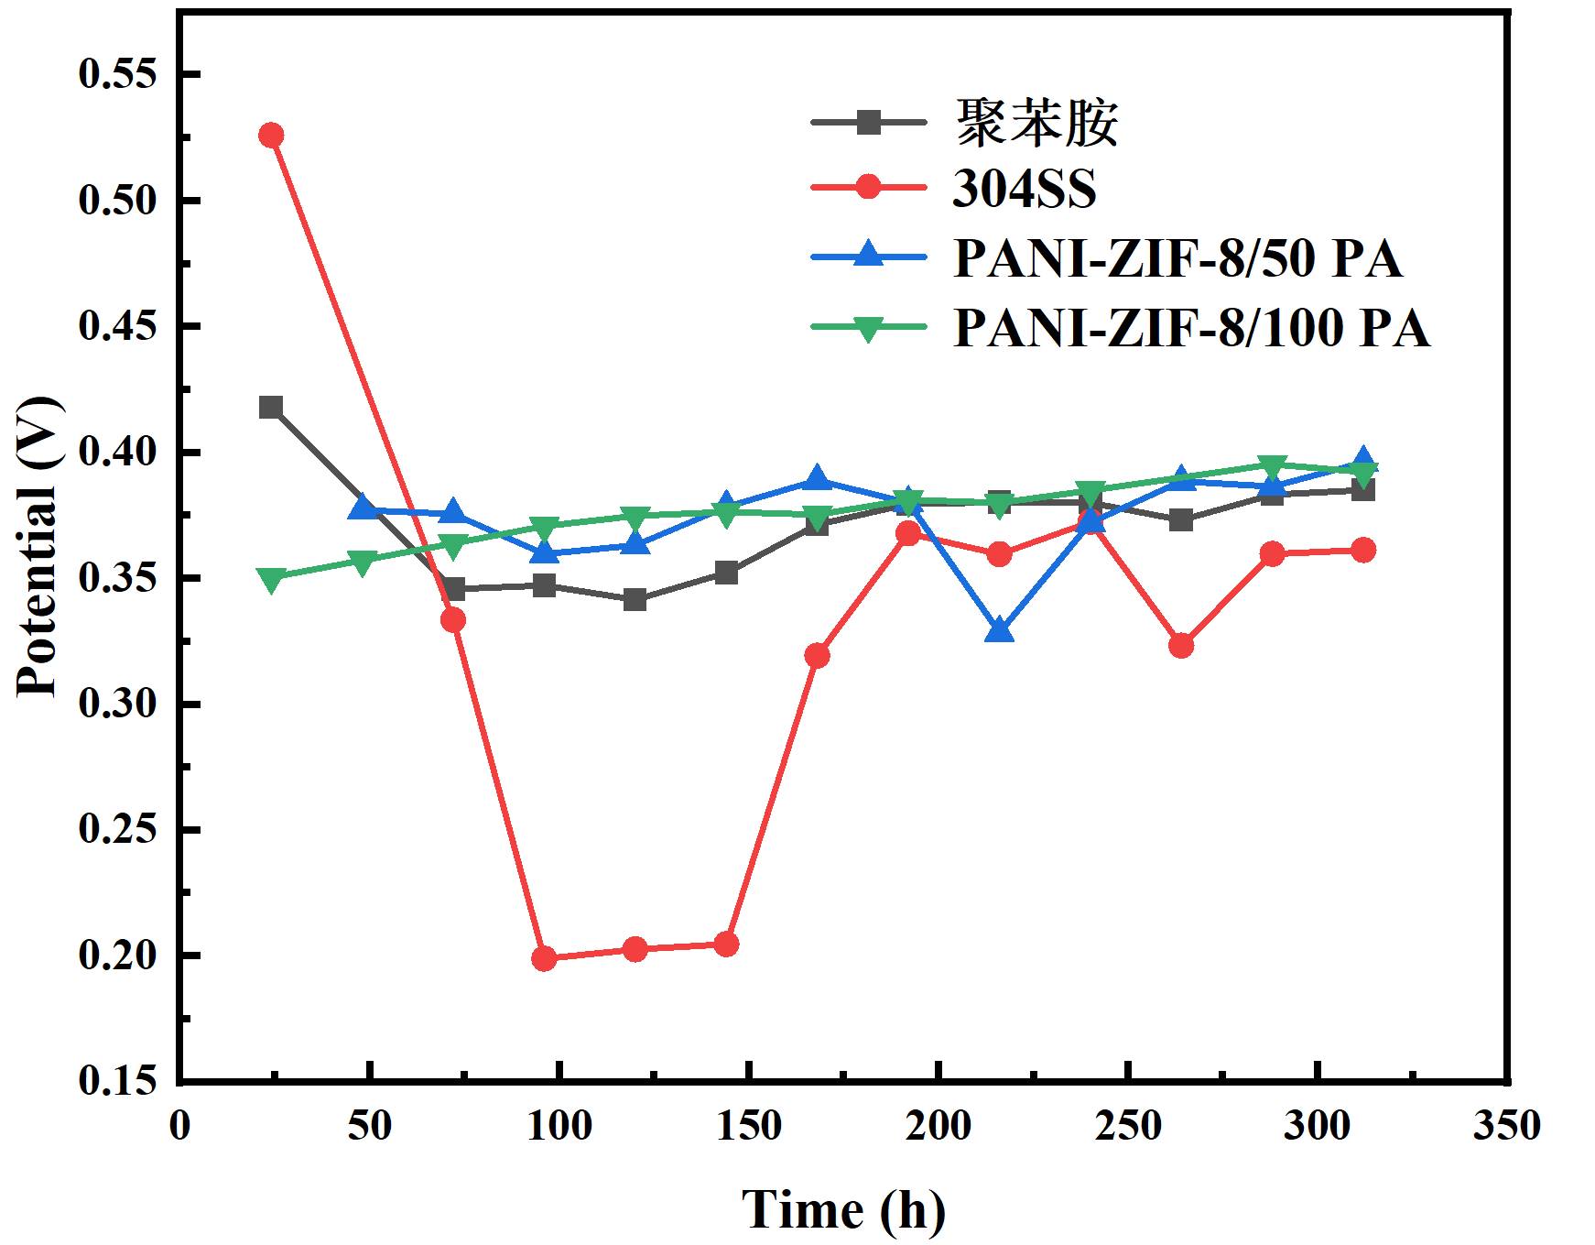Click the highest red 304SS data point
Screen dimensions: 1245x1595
(270, 135)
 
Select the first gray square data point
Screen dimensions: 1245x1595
(270, 407)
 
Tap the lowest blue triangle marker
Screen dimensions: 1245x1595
(1000, 630)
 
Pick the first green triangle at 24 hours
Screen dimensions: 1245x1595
(270, 579)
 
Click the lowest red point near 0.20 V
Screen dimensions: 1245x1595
(544, 958)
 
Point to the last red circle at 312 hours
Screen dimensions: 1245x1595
(1362, 550)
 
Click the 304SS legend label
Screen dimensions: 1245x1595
(1025, 190)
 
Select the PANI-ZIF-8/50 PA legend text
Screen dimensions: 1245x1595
(1177, 259)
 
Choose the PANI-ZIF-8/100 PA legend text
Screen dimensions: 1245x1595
(1191, 328)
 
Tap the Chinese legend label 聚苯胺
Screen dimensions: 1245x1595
(1036, 122)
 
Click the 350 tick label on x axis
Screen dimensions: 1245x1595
(1506, 1126)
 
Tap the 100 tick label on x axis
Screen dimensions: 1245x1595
(559, 1126)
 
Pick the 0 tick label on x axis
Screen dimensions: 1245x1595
(180, 1126)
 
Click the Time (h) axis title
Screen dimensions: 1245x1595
(842, 1209)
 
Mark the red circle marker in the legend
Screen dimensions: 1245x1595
(868, 189)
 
